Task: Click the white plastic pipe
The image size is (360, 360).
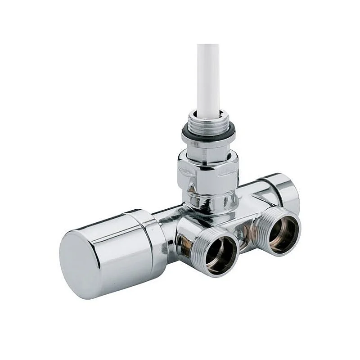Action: [208, 76]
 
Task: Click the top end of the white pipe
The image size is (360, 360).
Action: [208, 46]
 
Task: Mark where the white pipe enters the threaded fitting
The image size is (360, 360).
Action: [208, 112]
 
